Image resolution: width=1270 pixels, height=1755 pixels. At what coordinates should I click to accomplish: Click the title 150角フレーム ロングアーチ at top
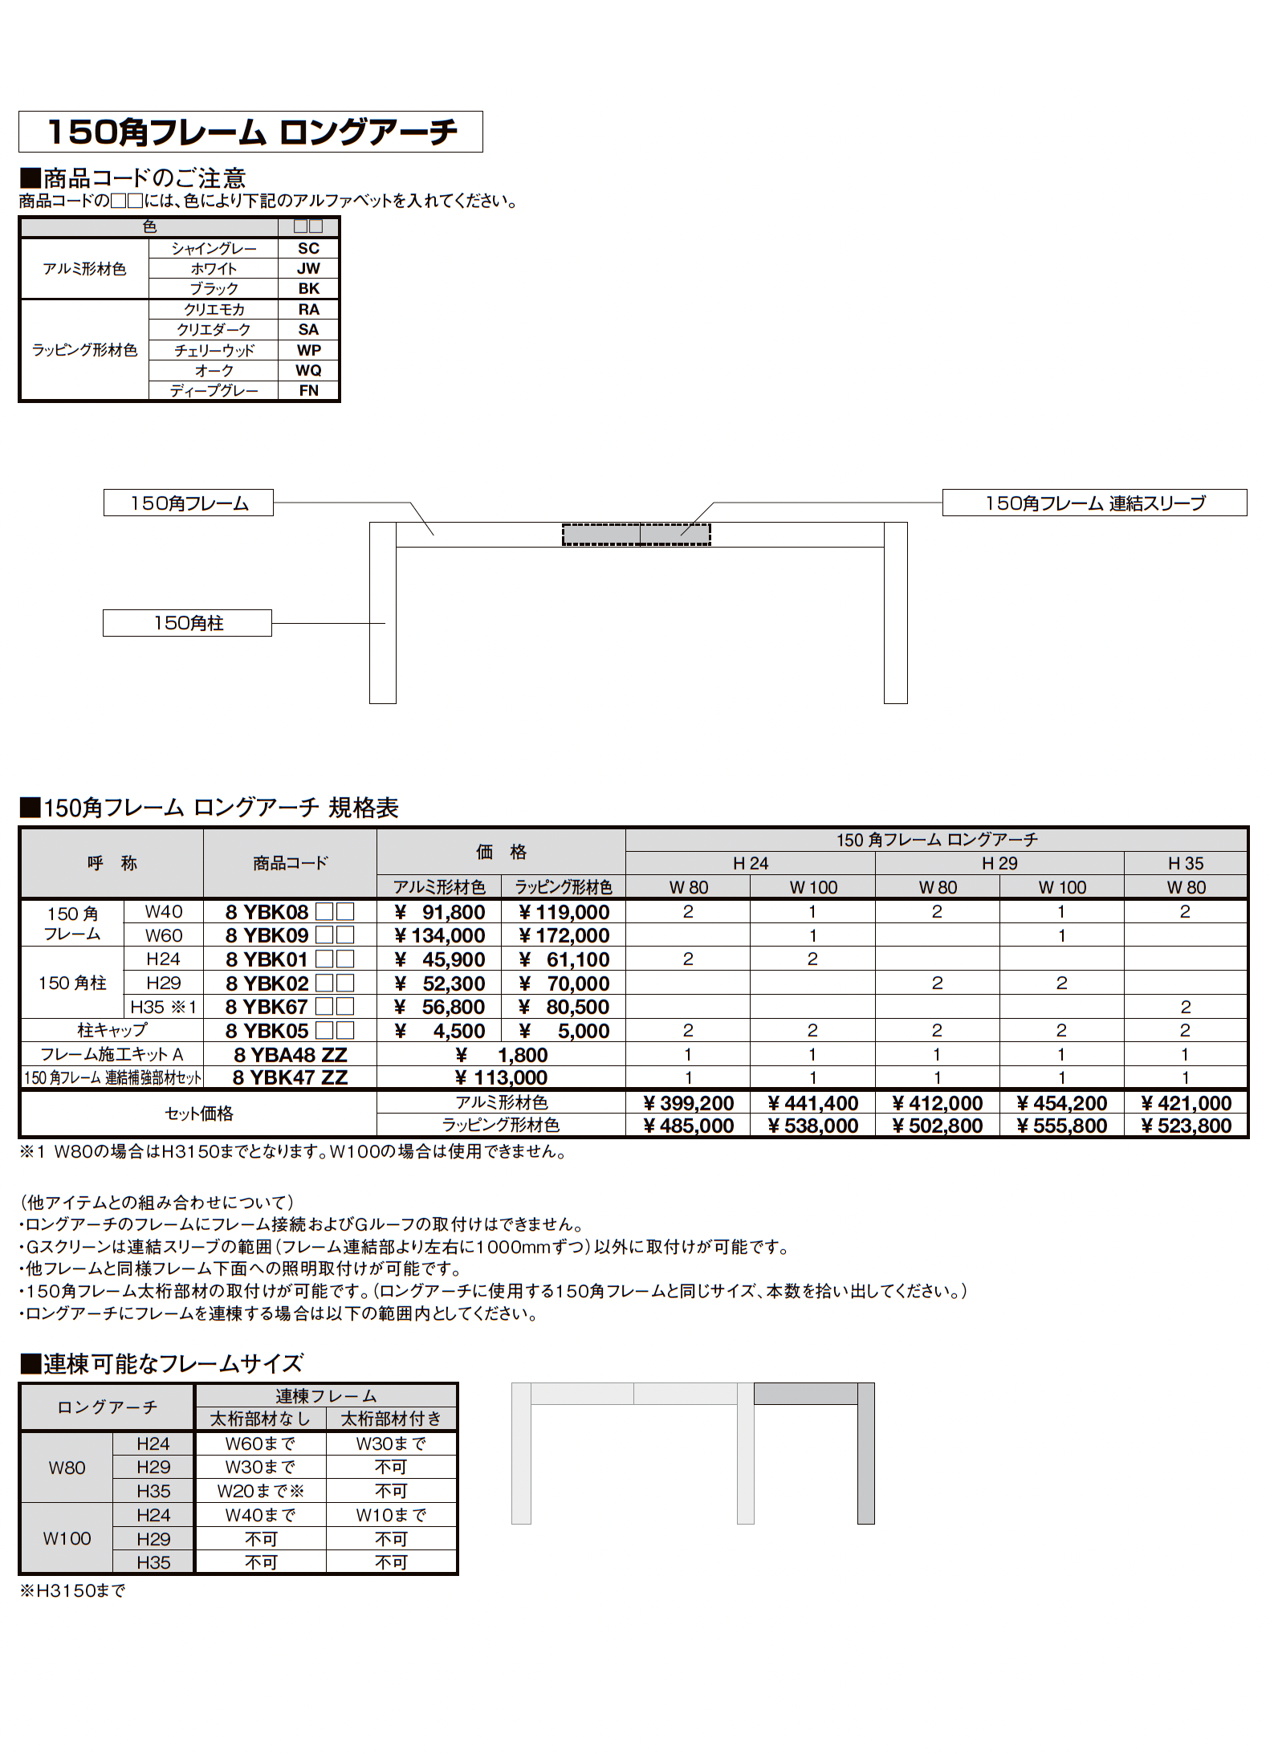coord(250,132)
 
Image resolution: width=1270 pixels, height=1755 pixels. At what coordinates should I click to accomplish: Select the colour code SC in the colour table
coord(308,249)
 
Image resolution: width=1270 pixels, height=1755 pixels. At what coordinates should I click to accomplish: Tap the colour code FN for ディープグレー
coord(308,391)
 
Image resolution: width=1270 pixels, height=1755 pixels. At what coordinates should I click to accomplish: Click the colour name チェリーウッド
coord(214,351)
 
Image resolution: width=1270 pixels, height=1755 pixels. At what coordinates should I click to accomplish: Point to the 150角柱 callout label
coord(187,623)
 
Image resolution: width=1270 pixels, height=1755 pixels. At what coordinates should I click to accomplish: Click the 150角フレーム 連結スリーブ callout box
coord(1094,503)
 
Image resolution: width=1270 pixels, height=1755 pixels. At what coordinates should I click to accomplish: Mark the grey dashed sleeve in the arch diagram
coord(636,534)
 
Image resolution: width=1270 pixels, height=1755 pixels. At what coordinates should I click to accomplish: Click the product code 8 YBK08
coord(267,912)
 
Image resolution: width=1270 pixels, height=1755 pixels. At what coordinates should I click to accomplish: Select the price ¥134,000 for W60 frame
coord(439,936)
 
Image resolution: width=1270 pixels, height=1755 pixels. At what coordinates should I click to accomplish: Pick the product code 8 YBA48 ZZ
coord(290,1055)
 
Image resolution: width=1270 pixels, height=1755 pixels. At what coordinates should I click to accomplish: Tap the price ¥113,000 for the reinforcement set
coord(501,1078)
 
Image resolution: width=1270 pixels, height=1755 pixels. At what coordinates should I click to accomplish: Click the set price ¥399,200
coord(688,1103)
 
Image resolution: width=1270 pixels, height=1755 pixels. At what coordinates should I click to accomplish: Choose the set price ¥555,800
coord(1061,1126)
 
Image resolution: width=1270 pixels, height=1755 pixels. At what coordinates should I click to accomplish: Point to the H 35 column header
coord(1185,864)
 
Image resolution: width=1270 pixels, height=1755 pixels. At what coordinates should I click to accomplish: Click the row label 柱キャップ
coord(112,1030)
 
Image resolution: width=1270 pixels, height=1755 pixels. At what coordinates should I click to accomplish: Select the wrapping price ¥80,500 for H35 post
coord(564,1008)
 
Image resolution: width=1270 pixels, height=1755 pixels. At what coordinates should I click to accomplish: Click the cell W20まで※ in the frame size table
coord(260,1492)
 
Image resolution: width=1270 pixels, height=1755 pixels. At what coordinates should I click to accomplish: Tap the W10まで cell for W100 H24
coord(391,1516)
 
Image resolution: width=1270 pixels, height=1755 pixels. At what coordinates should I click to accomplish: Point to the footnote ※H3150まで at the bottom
coord(73,1590)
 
